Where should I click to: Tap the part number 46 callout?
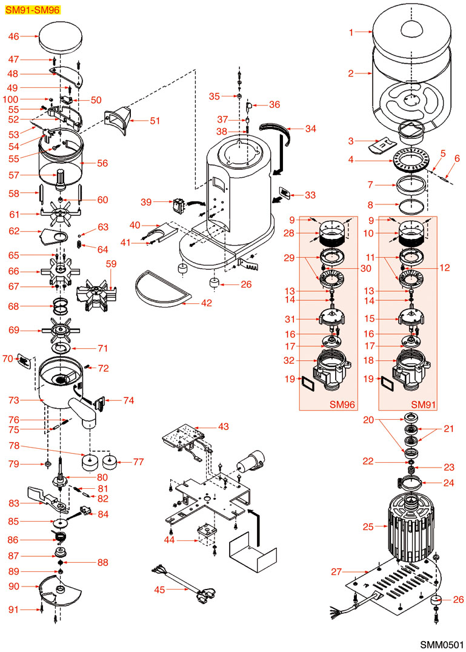pos(13,36)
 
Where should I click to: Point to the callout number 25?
pos(368,526)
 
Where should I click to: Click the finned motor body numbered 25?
pos(412,522)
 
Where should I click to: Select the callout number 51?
pos(155,121)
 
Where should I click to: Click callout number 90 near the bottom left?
pos(13,586)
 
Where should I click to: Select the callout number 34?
pos(311,129)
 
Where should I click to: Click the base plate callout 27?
pos(337,571)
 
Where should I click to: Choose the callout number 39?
pos(145,201)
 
